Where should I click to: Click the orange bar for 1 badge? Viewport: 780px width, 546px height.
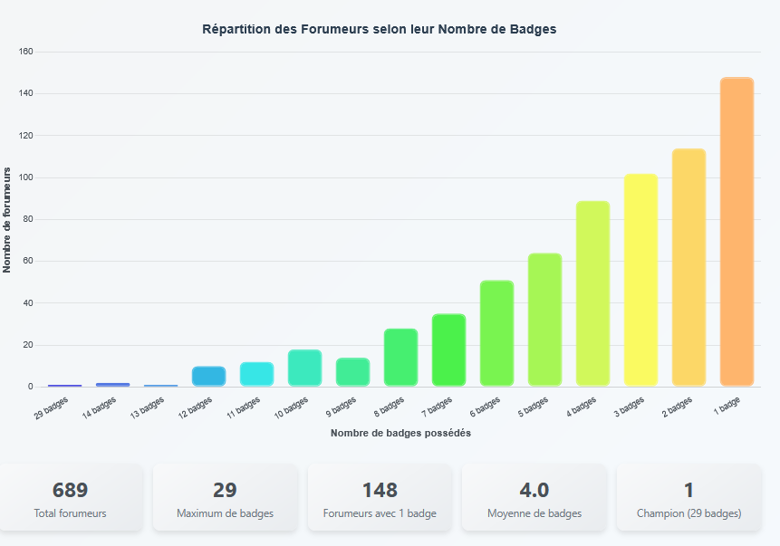coord(737,232)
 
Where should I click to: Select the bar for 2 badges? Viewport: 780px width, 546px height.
coord(689,267)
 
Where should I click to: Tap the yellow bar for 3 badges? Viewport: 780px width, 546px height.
coord(640,280)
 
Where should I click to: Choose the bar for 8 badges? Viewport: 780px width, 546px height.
coord(400,358)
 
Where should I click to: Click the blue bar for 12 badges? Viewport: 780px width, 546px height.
coord(208,377)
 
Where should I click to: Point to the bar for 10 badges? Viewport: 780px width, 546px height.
coord(304,368)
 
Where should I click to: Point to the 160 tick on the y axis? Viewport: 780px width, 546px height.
coord(25,52)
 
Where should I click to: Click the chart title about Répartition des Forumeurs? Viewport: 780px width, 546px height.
coord(379,29)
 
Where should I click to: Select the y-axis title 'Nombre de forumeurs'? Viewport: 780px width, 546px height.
coord(7,219)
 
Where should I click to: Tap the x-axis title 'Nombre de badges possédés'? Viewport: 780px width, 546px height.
coord(400,433)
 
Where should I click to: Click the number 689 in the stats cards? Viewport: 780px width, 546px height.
coord(71,490)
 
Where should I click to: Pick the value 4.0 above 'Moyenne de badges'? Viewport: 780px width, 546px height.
coord(534,490)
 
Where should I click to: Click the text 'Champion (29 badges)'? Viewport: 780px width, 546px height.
coord(689,513)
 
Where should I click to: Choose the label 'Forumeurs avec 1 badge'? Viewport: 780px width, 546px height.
coord(380,513)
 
